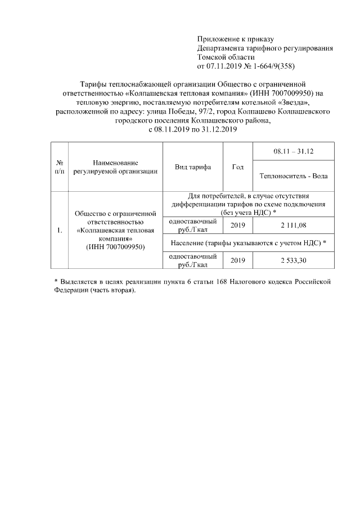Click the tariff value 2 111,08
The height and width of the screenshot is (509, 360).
pos(292,226)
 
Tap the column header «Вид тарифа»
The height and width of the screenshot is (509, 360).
pos(192,168)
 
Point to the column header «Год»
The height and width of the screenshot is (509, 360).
pos(238,168)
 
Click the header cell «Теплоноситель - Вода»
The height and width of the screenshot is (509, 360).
pos(294,176)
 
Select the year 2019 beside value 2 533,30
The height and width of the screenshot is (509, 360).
pos(238,261)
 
